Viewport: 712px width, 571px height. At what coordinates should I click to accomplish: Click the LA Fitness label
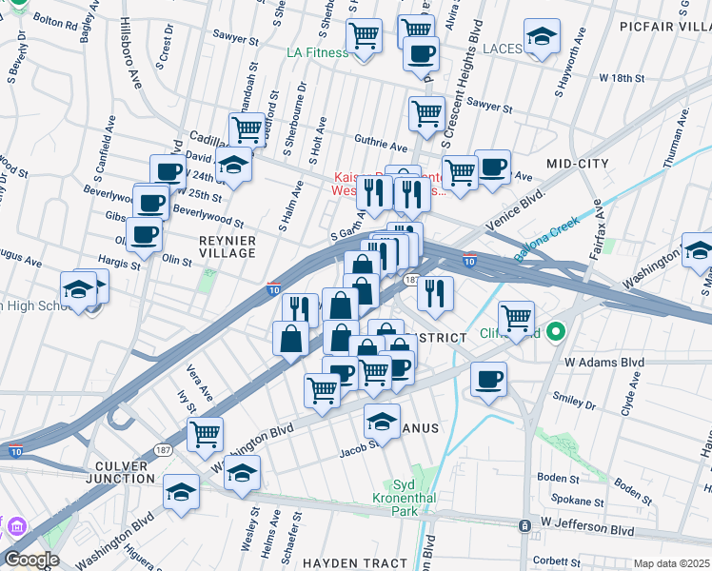pos(318,52)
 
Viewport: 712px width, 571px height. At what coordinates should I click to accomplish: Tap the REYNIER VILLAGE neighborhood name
pos(227,246)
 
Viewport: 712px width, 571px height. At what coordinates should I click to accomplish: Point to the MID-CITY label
pos(578,165)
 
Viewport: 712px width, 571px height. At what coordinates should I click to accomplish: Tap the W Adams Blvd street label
pos(604,363)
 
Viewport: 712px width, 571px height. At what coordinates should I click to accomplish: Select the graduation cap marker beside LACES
pos(543,38)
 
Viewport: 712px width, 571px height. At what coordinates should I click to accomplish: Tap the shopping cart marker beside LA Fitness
pos(364,36)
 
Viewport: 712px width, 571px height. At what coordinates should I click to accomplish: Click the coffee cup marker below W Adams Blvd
pos(488,380)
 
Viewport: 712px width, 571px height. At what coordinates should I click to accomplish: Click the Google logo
pos(31,560)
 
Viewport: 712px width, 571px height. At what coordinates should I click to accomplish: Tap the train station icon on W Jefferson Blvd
pos(524,525)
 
